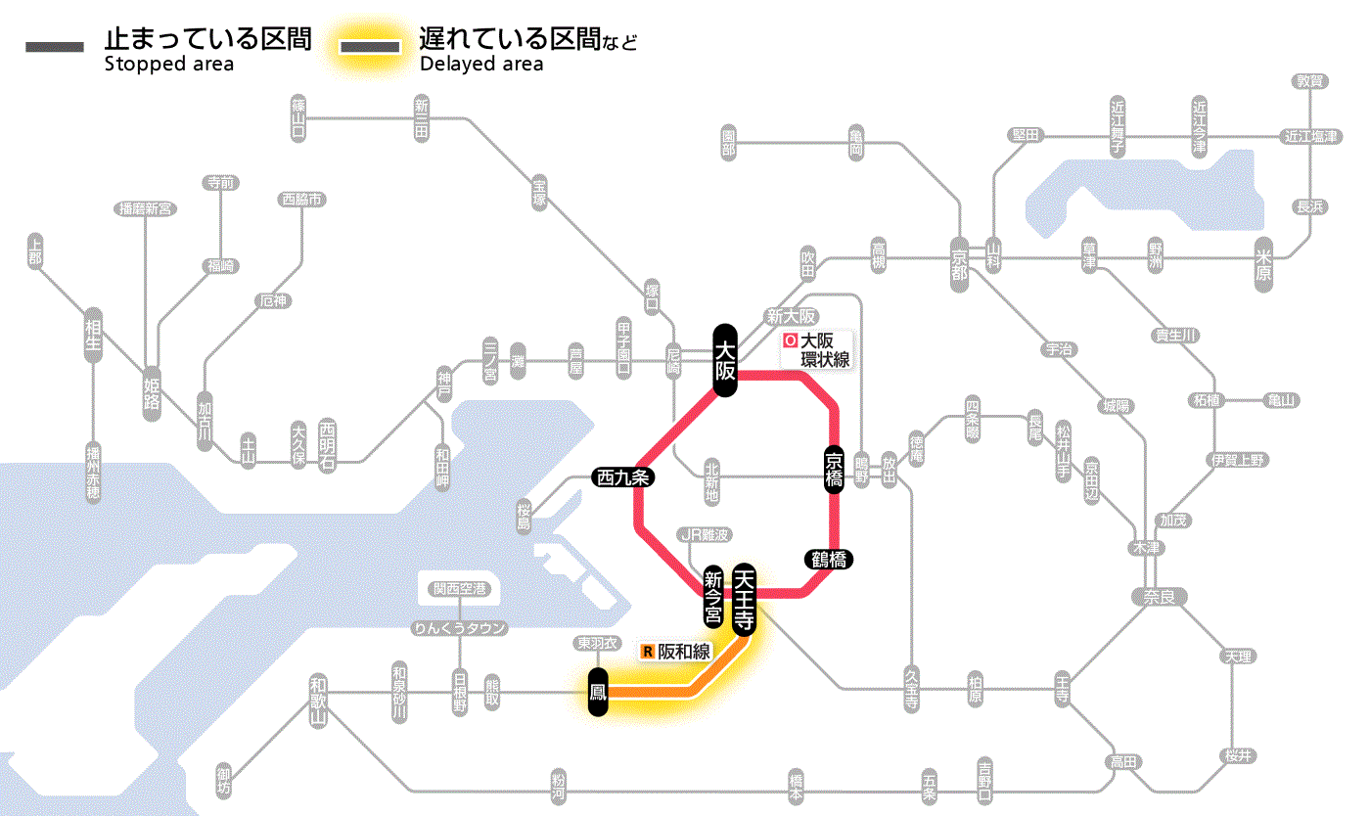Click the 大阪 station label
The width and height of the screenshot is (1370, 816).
[x=724, y=360]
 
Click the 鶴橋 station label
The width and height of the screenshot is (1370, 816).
[x=829, y=560]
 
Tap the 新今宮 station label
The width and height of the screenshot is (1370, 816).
[x=713, y=597]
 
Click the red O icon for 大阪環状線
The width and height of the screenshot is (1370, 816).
[x=790, y=341]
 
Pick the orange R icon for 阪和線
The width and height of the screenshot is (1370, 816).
[x=647, y=651]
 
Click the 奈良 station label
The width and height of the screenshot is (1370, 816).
[x=1158, y=595]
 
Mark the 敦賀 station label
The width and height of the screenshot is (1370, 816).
[x=1309, y=81]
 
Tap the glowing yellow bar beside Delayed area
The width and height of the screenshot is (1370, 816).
[x=370, y=47]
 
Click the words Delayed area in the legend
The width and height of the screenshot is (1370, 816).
[x=481, y=65]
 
